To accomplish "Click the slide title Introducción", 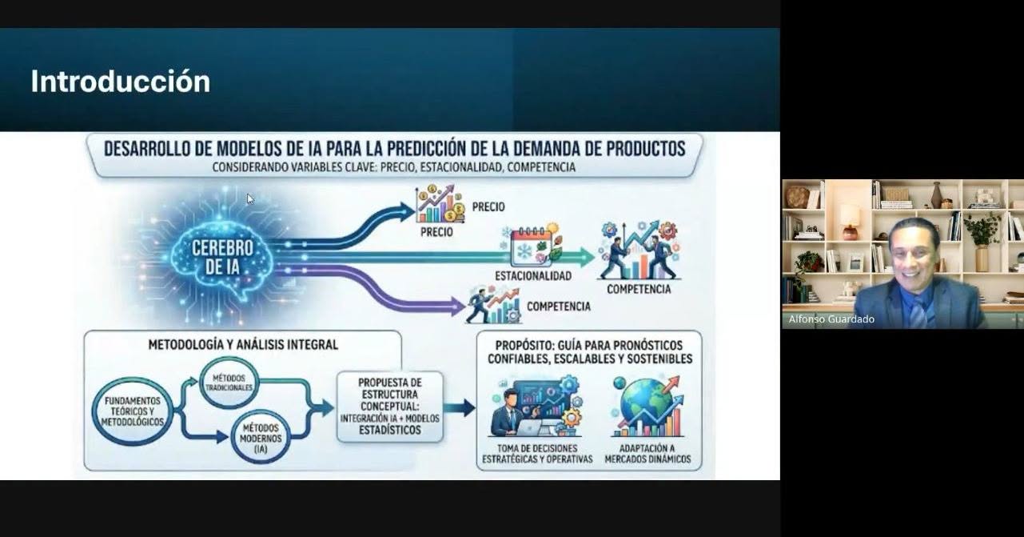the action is point(121,82).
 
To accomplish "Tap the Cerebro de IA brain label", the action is point(222,257).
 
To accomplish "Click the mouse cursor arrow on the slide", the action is point(250,199).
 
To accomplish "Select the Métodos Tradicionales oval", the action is point(229,383).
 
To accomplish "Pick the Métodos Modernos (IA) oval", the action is point(261,438).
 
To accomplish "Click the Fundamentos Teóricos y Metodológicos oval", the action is point(133,411).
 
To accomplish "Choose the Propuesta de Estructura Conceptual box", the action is point(390,407).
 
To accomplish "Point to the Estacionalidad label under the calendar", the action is point(533,275).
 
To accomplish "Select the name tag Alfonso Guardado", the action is point(831,319).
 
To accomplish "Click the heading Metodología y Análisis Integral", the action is point(243,344).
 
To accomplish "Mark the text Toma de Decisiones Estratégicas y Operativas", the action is point(537,454).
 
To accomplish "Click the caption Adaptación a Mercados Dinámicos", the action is point(647,454).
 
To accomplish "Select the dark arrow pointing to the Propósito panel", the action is point(460,407).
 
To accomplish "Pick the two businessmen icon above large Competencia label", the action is point(640,250).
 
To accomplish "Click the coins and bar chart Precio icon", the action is point(440,203).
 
